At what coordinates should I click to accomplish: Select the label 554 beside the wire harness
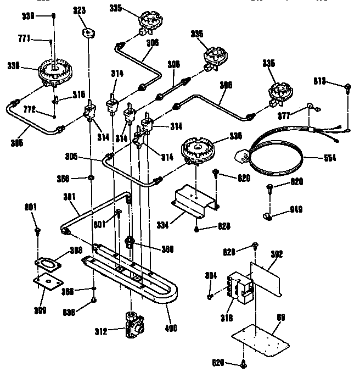pos(330,158)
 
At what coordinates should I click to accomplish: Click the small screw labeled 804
pos(211,297)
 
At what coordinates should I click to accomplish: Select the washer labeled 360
pos(89,179)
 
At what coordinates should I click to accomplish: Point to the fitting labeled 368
pos(130,241)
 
